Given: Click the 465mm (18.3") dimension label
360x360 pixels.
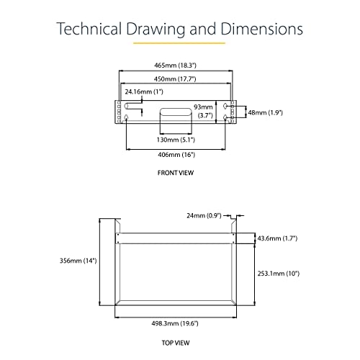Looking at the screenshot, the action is [x=175, y=66].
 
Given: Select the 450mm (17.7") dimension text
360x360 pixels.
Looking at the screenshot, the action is [x=175, y=79].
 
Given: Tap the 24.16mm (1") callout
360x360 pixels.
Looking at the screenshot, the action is [x=144, y=91].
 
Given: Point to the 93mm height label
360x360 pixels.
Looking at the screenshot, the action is [x=203, y=107].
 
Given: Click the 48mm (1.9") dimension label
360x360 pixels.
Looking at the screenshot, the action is [x=266, y=112].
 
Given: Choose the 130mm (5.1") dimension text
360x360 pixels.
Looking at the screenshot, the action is [x=176, y=140].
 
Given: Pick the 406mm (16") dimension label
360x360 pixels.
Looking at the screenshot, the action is [x=176, y=155].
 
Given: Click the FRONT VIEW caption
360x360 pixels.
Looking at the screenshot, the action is [x=176, y=173].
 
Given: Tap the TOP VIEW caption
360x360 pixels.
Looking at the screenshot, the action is [x=176, y=343].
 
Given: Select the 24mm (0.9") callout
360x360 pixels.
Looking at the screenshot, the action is [x=204, y=215].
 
